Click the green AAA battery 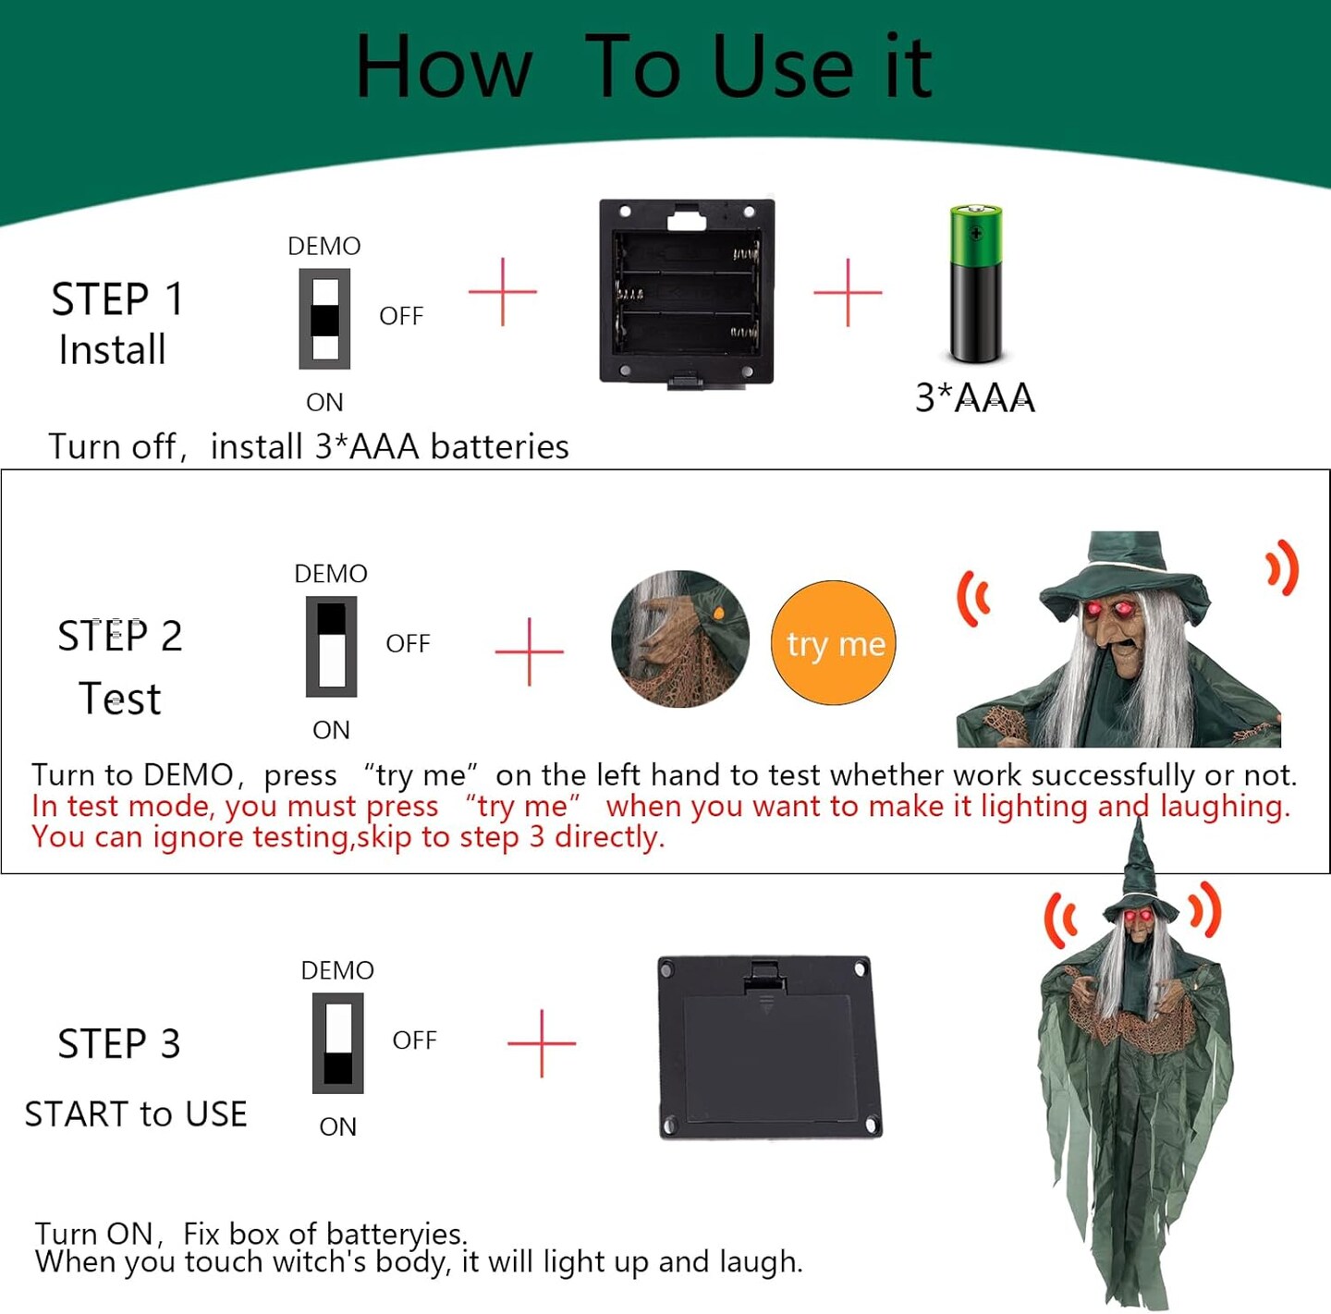(975, 284)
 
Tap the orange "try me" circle (833, 642)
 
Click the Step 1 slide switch (324, 319)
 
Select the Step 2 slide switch (331, 646)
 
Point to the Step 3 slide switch (337, 1042)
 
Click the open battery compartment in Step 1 (687, 293)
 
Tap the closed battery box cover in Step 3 (769, 1048)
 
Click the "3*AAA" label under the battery (974, 398)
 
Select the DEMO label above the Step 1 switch (324, 246)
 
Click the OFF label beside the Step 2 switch (408, 643)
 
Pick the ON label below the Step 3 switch (337, 1126)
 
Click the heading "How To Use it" (643, 67)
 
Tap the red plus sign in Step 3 (542, 1043)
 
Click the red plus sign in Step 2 (529, 651)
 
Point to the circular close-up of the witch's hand (679, 639)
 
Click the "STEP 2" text (120, 636)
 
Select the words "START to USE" (136, 1113)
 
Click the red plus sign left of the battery (848, 292)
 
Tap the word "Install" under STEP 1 (112, 349)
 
